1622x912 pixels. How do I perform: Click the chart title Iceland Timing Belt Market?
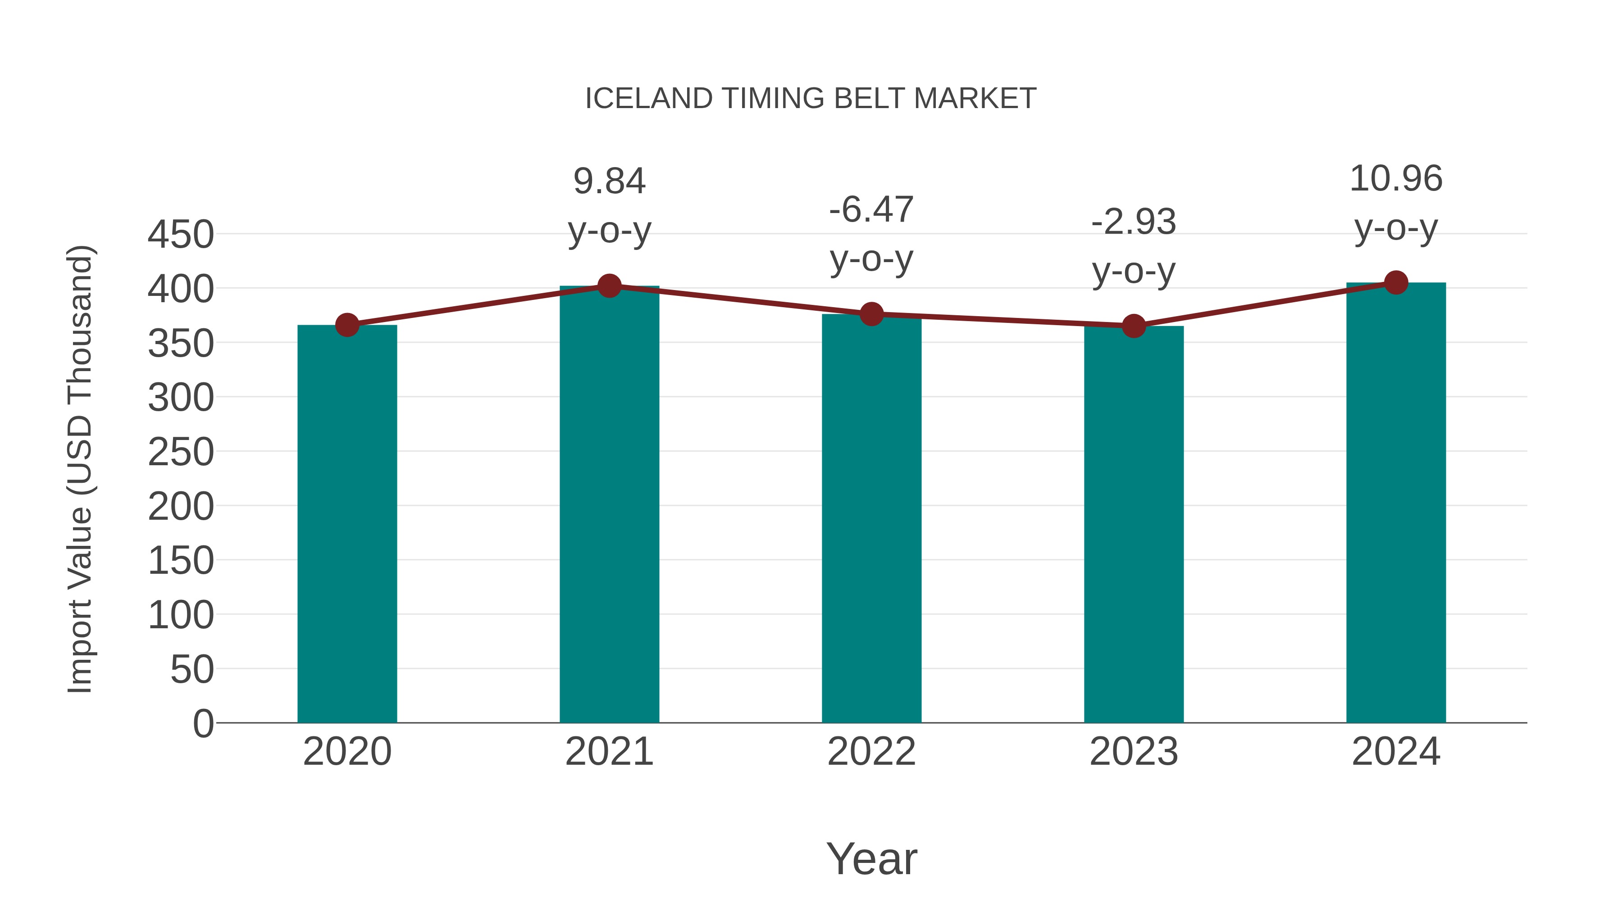(811, 99)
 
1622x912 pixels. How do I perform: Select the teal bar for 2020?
(347, 522)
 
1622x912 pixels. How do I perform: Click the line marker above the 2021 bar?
(609, 286)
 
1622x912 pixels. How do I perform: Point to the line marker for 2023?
(1134, 326)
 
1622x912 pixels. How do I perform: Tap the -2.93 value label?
(1134, 222)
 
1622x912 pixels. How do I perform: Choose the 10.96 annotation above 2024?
(1396, 179)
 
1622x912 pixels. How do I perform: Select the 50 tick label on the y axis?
(192, 669)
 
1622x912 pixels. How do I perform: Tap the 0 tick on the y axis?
(203, 723)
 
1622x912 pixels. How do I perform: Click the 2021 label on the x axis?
(609, 752)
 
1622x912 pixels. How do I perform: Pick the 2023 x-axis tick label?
(1134, 752)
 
